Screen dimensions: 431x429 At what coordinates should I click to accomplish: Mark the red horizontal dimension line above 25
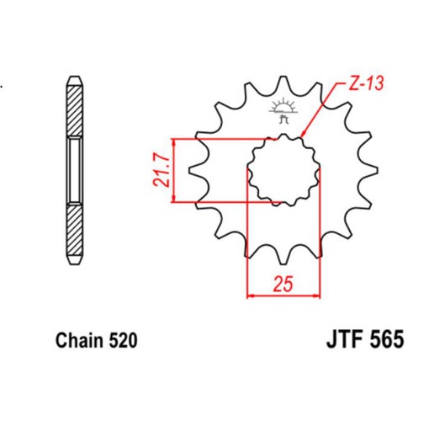click(x=283, y=295)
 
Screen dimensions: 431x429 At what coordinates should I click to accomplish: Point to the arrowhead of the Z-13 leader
click(x=302, y=134)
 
